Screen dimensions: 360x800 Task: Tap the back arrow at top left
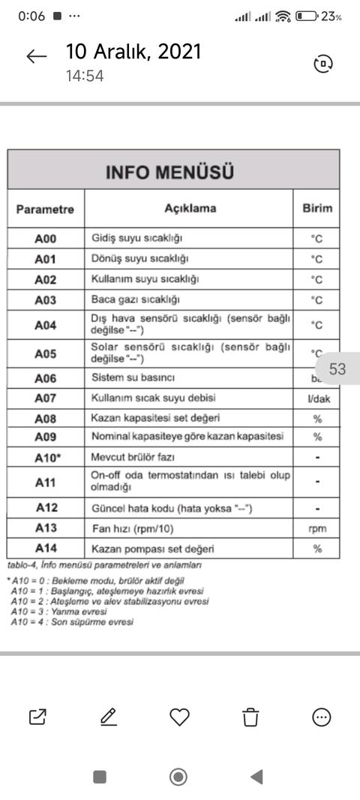pos(36,57)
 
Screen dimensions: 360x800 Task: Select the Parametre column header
pos(45,209)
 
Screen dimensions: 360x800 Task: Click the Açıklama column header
pos(190,208)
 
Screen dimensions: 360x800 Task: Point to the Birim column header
pos(316,208)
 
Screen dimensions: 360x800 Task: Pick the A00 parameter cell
pos(45,239)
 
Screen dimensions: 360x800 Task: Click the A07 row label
pos(45,398)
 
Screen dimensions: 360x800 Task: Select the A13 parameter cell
pos(45,528)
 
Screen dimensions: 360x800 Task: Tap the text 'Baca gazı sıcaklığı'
pos(136,300)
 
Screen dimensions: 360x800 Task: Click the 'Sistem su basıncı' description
pos(139,377)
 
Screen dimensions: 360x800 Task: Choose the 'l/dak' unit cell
pos(318,398)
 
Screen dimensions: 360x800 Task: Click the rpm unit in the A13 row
pos(317,528)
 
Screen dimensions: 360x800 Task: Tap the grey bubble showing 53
pos(337,369)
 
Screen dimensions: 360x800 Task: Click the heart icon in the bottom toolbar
pos(179,717)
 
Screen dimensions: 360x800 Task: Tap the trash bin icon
pos(250,717)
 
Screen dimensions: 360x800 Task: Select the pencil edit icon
pos(109,717)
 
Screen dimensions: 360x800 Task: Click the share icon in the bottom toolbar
pos(37,717)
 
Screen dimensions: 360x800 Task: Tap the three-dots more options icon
pos(321,717)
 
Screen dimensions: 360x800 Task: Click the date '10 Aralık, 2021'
pos(133,51)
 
